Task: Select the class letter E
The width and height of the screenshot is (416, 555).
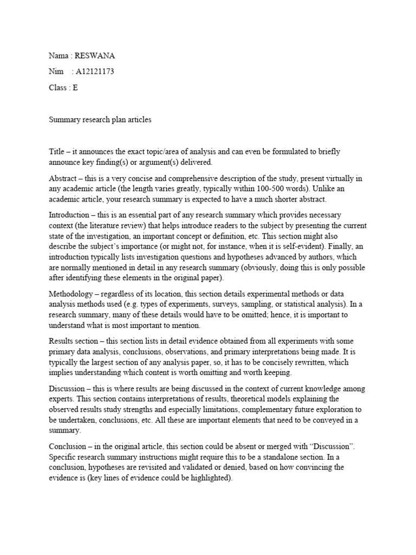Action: tap(75, 87)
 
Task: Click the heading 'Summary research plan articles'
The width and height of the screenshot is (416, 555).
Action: tap(100, 120)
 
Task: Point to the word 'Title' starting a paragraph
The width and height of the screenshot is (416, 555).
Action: tap(56, 152)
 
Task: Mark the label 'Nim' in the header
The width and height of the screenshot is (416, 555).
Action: tap(55, 71)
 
